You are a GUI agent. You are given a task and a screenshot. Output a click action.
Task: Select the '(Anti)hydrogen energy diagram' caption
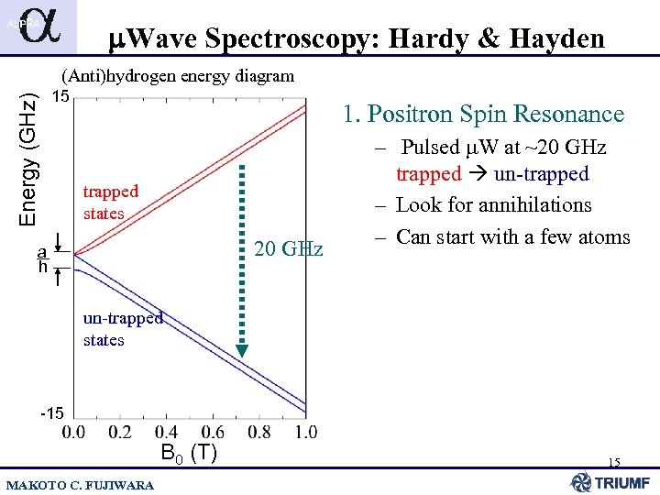[177, 76]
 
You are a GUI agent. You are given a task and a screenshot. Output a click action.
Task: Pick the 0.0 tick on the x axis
[73, 432]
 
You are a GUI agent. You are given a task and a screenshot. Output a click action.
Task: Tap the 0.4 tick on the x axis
[166, 432]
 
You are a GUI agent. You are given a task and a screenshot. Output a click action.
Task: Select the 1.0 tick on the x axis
[306, 432]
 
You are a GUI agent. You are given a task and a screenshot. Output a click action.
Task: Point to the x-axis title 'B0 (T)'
[188, 453]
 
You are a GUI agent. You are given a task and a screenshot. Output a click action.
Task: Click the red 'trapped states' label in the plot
[110, 203]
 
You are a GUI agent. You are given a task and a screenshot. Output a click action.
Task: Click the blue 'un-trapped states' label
[123, 329]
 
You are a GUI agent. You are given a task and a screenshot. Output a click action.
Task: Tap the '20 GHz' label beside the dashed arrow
[289, 248]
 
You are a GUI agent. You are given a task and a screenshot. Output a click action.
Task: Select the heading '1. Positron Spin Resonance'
[483, 115]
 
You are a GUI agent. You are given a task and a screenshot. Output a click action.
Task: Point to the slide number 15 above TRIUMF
[613, 463]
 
